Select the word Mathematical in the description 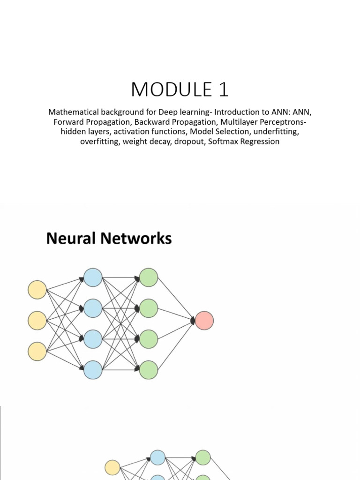click(x=73, y=112)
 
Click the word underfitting click(x=276, y=132)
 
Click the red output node click(x=204, y=321)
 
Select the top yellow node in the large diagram click(x=37, y=290)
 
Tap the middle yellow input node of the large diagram click(x=37, y=321)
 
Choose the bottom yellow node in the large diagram click(x=37, y=352)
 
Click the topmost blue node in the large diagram click(x=93, y=277)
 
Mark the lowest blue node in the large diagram click(x=93, y=370)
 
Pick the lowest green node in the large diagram click(x=149, y=370)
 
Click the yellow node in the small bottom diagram click(x=112, y=467)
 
